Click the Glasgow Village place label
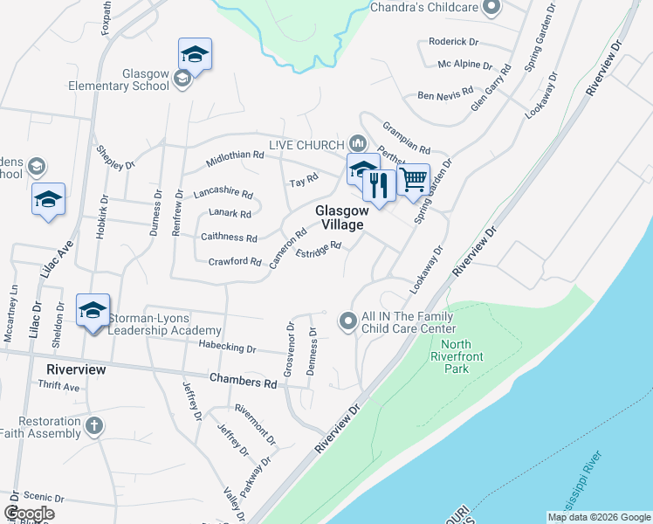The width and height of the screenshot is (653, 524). (340, 217)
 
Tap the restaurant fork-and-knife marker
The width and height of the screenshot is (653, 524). (379, 185)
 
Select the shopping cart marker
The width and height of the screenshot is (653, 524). (414, 180)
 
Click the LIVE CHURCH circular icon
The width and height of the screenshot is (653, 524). (356, 142)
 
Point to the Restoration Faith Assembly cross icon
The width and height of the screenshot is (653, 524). (94, 427)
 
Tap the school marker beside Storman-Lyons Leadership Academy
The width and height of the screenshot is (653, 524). (93, 312)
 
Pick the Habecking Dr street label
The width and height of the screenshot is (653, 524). (226, 348)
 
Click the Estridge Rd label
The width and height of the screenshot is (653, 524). (318, 252)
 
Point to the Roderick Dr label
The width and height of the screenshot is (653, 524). (454, 41)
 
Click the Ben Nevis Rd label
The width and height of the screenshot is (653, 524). (445, 93)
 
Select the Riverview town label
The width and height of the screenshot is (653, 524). (76, 369)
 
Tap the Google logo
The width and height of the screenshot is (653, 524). (29, 514)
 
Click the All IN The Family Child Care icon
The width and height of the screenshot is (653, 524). (348, 322)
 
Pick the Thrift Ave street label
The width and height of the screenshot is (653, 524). (59, 387)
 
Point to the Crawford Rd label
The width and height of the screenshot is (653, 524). (235, 261)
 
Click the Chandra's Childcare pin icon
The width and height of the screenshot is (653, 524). (491, 8)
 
